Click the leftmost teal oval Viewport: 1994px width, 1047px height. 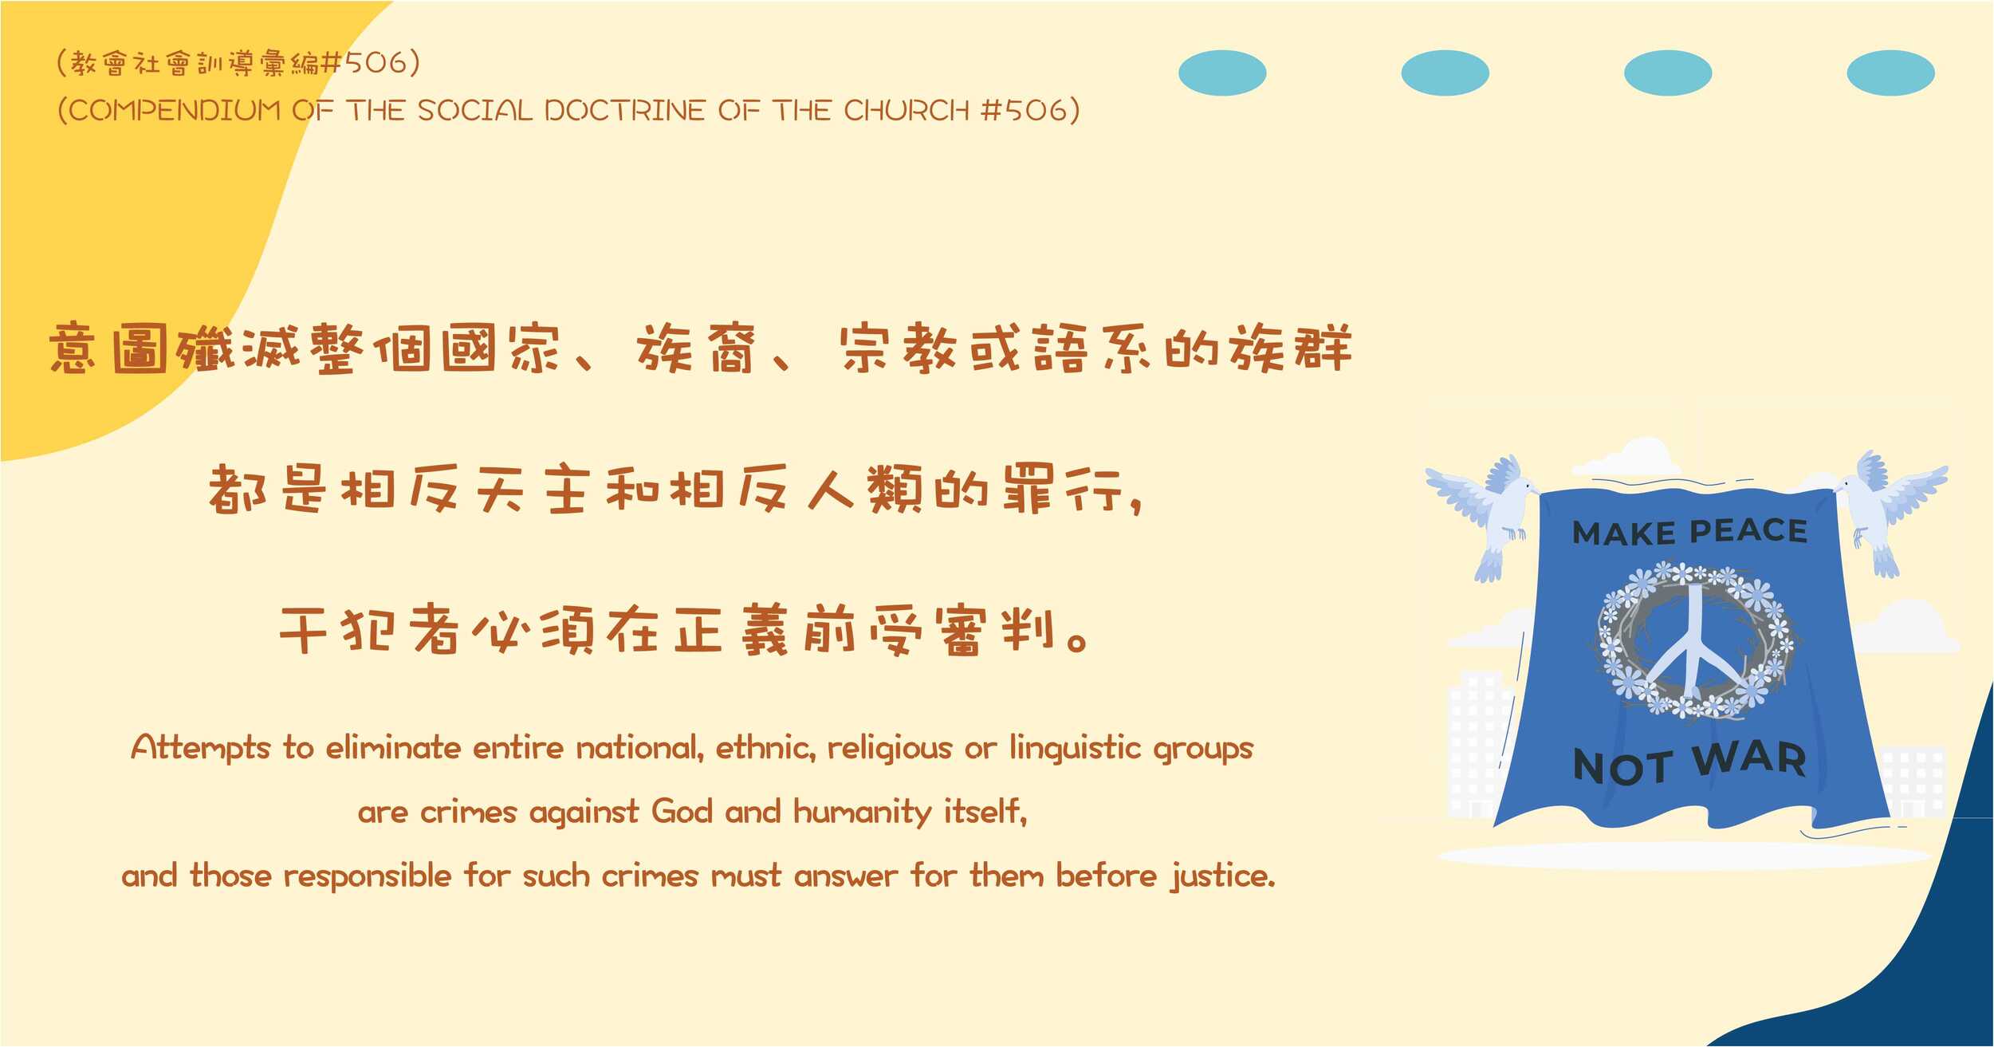point(1222,73)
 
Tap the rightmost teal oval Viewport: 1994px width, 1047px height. point(1890,73)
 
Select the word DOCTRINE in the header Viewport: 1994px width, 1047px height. point(624,110)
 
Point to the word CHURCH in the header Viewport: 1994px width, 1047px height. point(907,110)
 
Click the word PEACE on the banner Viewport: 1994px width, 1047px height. point(1748,531)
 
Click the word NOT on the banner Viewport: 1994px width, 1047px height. point(1623,766)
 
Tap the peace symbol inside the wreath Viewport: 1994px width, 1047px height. point(1694,647)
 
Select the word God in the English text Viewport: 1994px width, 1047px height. point(682,812)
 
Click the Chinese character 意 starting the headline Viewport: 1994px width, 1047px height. point(73,348)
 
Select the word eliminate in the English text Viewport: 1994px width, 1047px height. point(393,748)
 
